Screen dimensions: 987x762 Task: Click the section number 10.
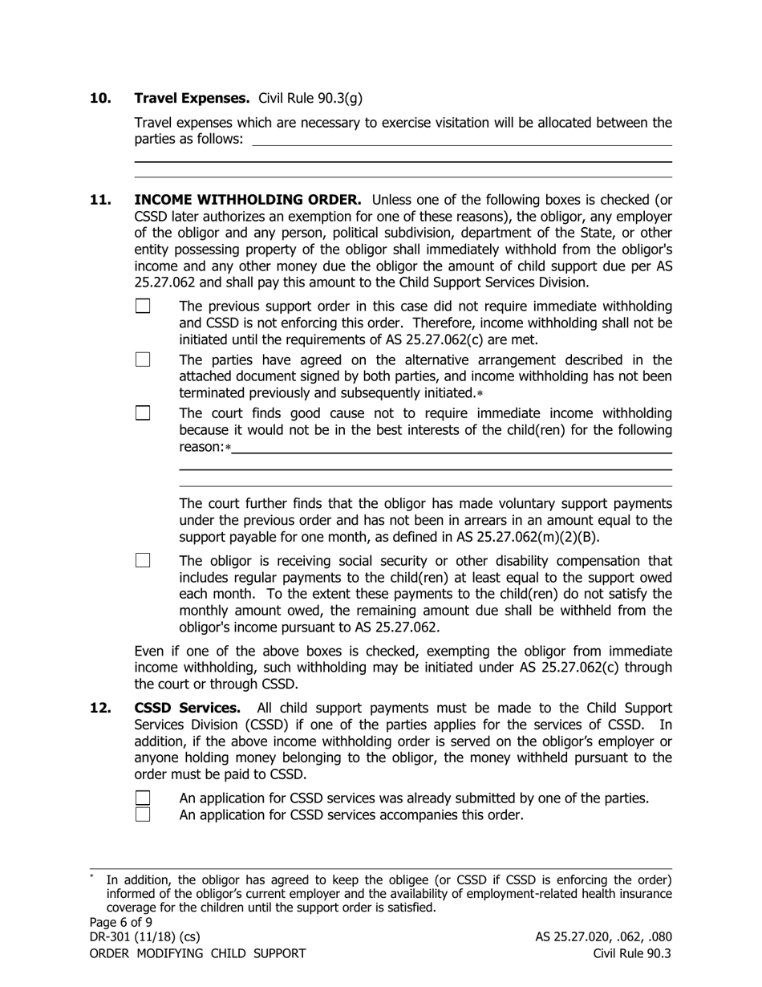[x=100, y=98]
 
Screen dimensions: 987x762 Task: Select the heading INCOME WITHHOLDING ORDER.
[x=248, y=200]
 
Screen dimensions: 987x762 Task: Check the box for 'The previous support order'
[x=143, y=306]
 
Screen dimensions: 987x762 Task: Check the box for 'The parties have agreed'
[x=143, y=359]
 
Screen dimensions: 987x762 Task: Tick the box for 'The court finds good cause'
[x=143, y=413]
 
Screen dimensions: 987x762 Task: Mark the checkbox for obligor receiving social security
[x=143, y=560]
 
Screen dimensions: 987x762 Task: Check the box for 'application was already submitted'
[x=143, y=798]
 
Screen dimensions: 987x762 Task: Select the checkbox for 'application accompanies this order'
[x=143, y=814]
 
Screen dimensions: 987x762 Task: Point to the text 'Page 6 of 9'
[x=120, y=922]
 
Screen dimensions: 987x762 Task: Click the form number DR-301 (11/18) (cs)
[x=144, y=937]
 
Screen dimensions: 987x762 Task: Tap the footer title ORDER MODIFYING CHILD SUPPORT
[x=197, y=953]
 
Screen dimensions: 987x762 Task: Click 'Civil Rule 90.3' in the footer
[x=632, y=953]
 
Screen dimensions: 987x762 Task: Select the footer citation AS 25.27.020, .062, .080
[x=603, y=937]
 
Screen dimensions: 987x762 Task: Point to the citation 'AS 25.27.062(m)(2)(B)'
[x=527, y=537]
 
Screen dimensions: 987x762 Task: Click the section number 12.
[x=100, y=708]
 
